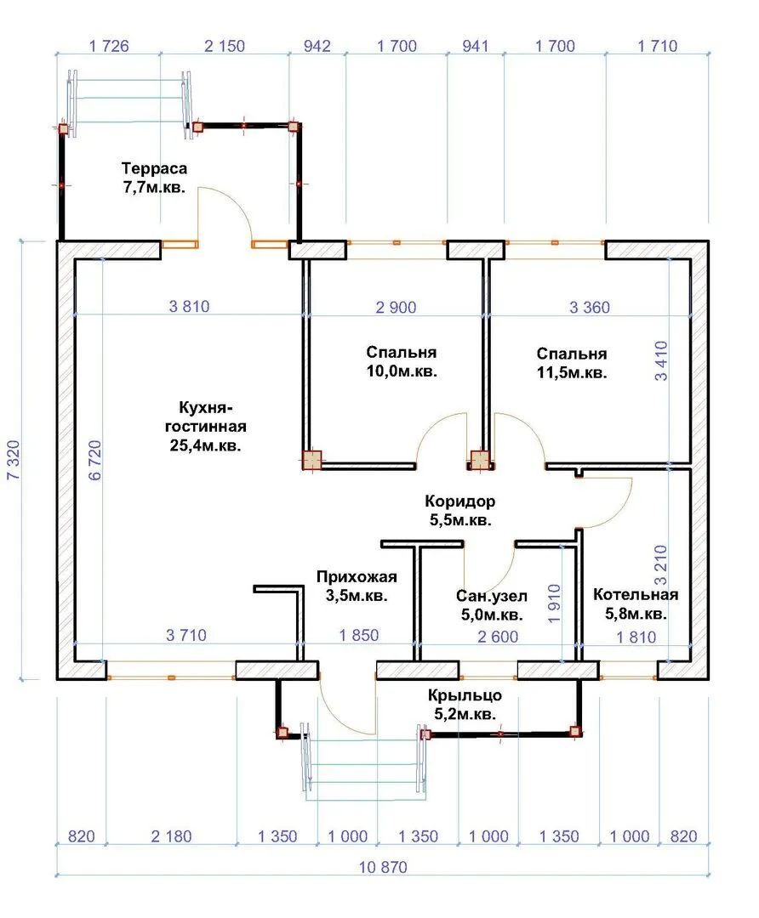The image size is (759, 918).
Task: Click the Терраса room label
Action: [x=154, y=168]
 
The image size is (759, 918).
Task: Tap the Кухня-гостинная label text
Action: [x=205, y=416]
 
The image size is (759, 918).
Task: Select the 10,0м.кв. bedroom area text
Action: [x=402, y=371]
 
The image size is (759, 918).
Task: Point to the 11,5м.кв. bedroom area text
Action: [x=572, y=372]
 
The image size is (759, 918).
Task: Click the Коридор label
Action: [x=460, y=501]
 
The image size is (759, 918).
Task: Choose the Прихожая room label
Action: [x=357, y=576]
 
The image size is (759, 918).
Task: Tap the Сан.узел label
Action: [x=492, y=596]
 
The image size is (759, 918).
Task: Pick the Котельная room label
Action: [x=636, y=595]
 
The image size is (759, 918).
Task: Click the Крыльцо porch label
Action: [x=465, y=695]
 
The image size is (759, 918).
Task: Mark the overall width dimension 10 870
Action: [x=383, y=867]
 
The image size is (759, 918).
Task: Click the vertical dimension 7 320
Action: [x=14, y=460]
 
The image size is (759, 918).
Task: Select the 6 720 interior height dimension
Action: [x=95, y=460]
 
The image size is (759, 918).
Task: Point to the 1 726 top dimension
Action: [x=108, y=46]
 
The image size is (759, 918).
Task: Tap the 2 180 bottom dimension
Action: [x=171, y=836]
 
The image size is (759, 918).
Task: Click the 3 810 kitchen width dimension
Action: [x=189, y=306]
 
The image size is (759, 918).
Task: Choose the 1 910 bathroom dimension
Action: [x=554, y=603]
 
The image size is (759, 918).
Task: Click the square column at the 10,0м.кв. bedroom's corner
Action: [x=311, y=460]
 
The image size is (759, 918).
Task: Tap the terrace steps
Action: [x=129, y=105]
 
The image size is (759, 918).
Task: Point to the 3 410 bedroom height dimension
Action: [x=660, y=360]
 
